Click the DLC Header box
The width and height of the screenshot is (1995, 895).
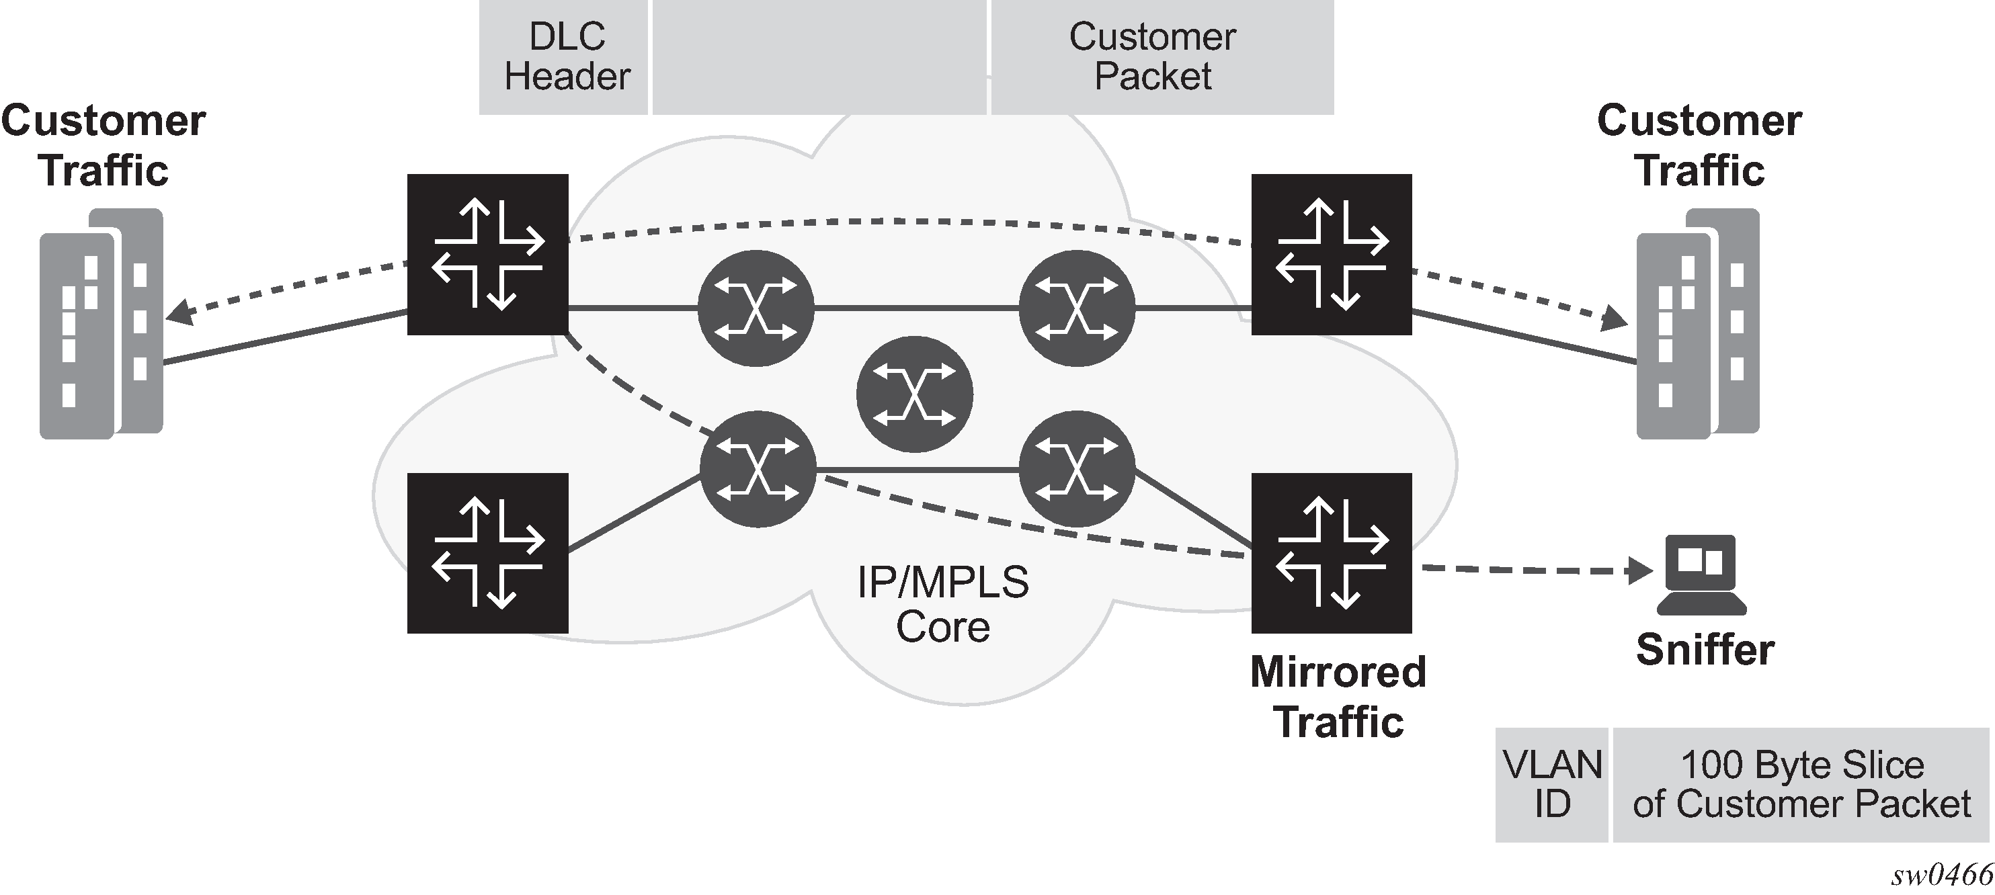pos(564,56)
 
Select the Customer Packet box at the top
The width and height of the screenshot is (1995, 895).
pos(1162,56)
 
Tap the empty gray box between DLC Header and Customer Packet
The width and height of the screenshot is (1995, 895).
pos(819,56)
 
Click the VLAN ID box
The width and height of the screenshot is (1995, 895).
pos(1551,784)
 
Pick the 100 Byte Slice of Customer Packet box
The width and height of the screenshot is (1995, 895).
pos(1801,784)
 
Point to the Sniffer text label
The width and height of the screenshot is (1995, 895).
pos(1705,650)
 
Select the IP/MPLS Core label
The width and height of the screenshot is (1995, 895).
pos(942,604)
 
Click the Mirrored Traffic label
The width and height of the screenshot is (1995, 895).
pos(1338,696)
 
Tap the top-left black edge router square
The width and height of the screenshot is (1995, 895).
pos(488,254)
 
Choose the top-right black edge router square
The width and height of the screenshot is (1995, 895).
pos(1332,254)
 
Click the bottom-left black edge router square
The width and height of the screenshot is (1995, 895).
pos(488,553)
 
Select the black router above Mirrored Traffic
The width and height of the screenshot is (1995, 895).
pos(1332,553)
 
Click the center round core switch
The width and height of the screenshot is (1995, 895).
pos(915,394)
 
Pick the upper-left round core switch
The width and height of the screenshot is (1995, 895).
pos(756,308)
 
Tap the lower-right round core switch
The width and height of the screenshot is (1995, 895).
pos(1077,468)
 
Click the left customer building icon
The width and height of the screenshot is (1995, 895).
pos(101,324)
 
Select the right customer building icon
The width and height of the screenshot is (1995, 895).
pos(1698,324)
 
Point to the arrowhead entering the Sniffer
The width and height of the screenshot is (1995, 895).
pos(1640,571)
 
